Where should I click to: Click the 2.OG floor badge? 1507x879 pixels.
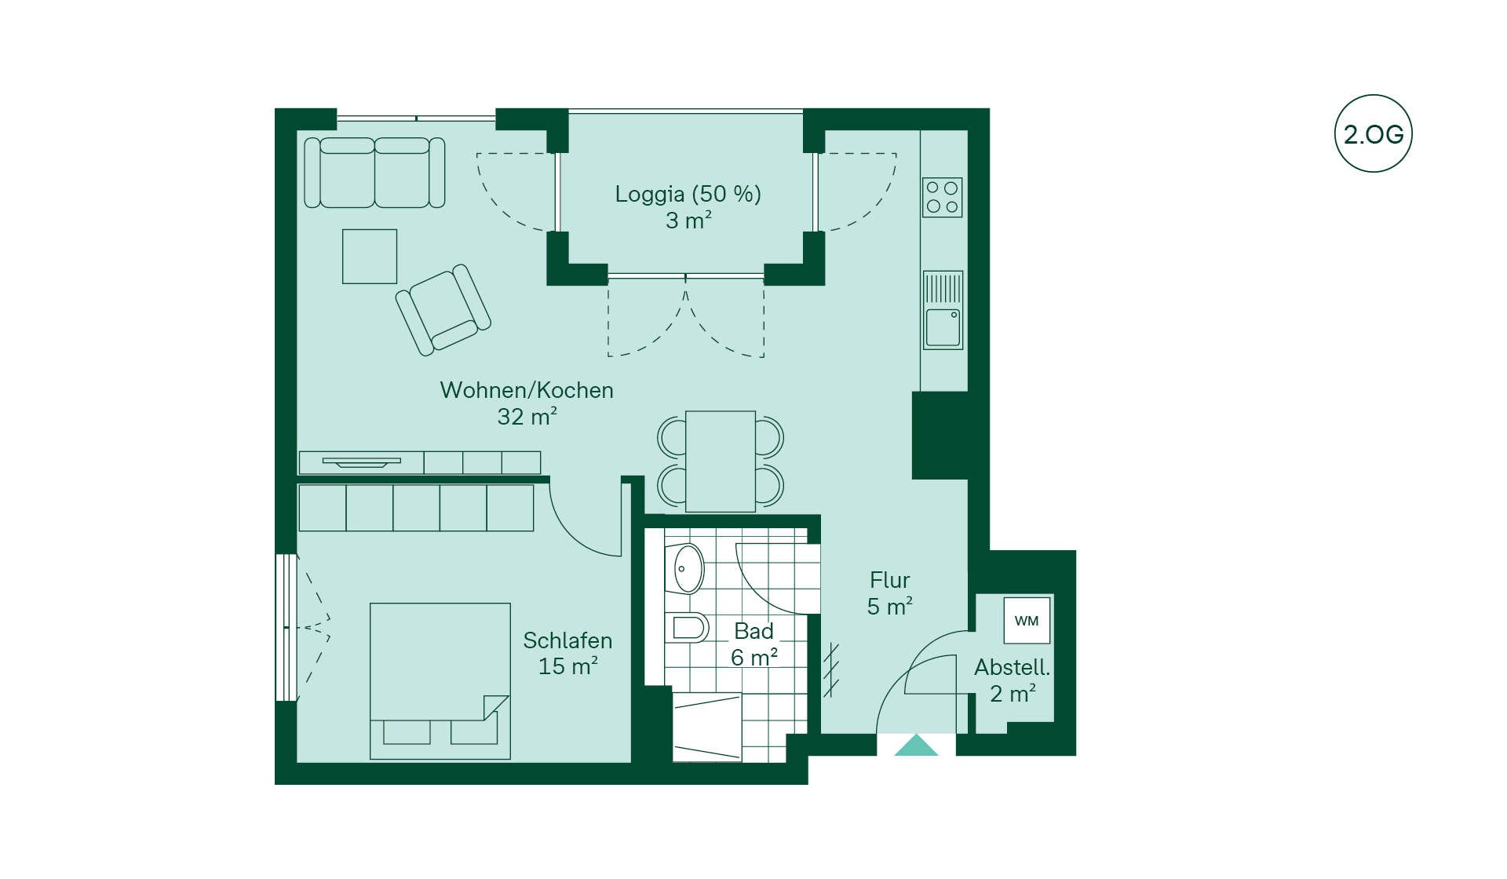(x=1373, y=133)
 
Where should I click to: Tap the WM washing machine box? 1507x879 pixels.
(x=1027, y=621)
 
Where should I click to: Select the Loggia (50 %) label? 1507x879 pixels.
(x=688, y=194)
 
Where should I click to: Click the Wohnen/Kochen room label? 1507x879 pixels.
(x=527, y=390)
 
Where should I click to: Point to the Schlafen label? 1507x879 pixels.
(x=567, y=640)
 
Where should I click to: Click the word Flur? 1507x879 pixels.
(x=890, y=580)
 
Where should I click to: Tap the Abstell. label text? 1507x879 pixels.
(x=1013, y=668)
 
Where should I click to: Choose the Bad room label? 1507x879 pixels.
(x=753, y=631)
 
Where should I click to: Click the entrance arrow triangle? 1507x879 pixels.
(x=916, y=745)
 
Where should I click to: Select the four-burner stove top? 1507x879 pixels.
(x=942, y=197)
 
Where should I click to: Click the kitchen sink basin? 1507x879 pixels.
(x=943, y=327)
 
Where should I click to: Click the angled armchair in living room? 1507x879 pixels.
(x=443, y=309)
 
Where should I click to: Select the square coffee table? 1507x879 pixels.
(x=370, y=257)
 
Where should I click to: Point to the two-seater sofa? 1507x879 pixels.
(x=374, y=173)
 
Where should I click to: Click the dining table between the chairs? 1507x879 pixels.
(x=721, y=461)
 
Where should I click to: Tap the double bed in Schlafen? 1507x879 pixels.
(x=440, y=681)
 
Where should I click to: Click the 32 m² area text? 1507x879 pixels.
(x=527, y=417)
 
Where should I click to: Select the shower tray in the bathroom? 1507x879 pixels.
(x=707, y=727)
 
